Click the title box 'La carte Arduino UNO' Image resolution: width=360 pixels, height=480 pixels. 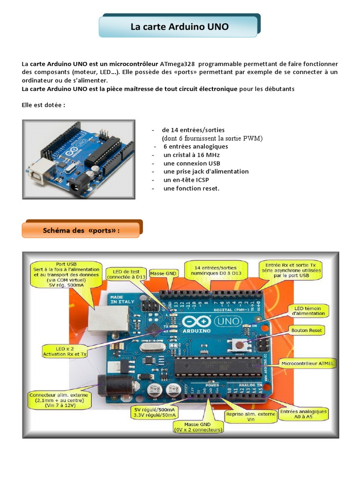point(180,27)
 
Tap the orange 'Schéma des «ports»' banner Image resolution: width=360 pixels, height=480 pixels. point(81,231)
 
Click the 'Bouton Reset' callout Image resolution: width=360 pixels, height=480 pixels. point(307,330)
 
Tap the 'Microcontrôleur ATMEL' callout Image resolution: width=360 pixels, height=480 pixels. point(306,363)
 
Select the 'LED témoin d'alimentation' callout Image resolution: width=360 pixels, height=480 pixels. point(310,310)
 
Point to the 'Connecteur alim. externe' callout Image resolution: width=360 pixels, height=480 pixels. point(60,400)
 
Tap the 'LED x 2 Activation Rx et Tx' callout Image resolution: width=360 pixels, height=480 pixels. point(65,351)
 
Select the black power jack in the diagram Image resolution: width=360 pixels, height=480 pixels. point(107,385)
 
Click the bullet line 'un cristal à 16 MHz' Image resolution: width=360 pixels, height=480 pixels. point(191,155)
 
